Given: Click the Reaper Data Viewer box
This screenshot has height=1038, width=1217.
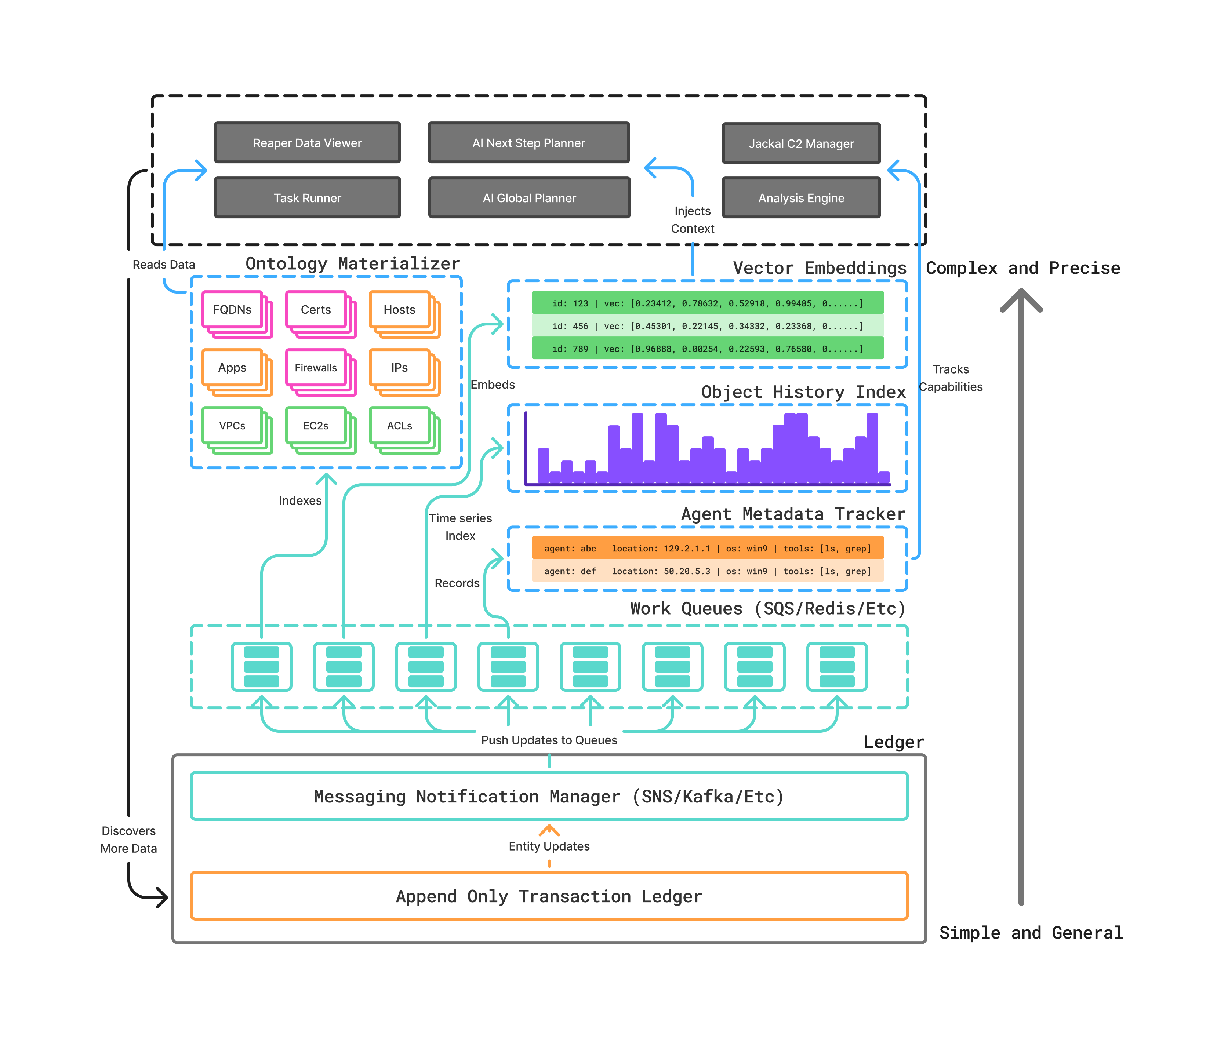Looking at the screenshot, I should point(307,143).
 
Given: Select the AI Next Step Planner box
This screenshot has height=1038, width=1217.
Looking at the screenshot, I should point(528,143).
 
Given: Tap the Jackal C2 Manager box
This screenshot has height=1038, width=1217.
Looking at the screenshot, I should point(801,143).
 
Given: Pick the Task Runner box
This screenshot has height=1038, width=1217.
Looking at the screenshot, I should point(307,198).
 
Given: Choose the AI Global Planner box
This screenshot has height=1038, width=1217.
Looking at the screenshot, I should point(529,198).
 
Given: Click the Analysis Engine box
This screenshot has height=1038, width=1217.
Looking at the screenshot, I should point(801,198).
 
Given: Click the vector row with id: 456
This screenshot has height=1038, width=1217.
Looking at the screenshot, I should point(707,326).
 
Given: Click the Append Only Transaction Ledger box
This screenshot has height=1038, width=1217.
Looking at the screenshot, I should point(549,896).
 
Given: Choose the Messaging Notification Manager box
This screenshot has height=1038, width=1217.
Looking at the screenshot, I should point(549,796).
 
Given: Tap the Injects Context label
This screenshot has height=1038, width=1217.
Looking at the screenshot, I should point(693,219).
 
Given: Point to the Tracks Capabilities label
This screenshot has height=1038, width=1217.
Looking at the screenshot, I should point(950,378).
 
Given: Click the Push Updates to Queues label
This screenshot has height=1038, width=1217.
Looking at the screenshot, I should point(549,740).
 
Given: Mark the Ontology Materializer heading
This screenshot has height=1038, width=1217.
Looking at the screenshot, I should point(352,263).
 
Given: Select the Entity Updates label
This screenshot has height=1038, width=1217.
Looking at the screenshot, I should point(549,846).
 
